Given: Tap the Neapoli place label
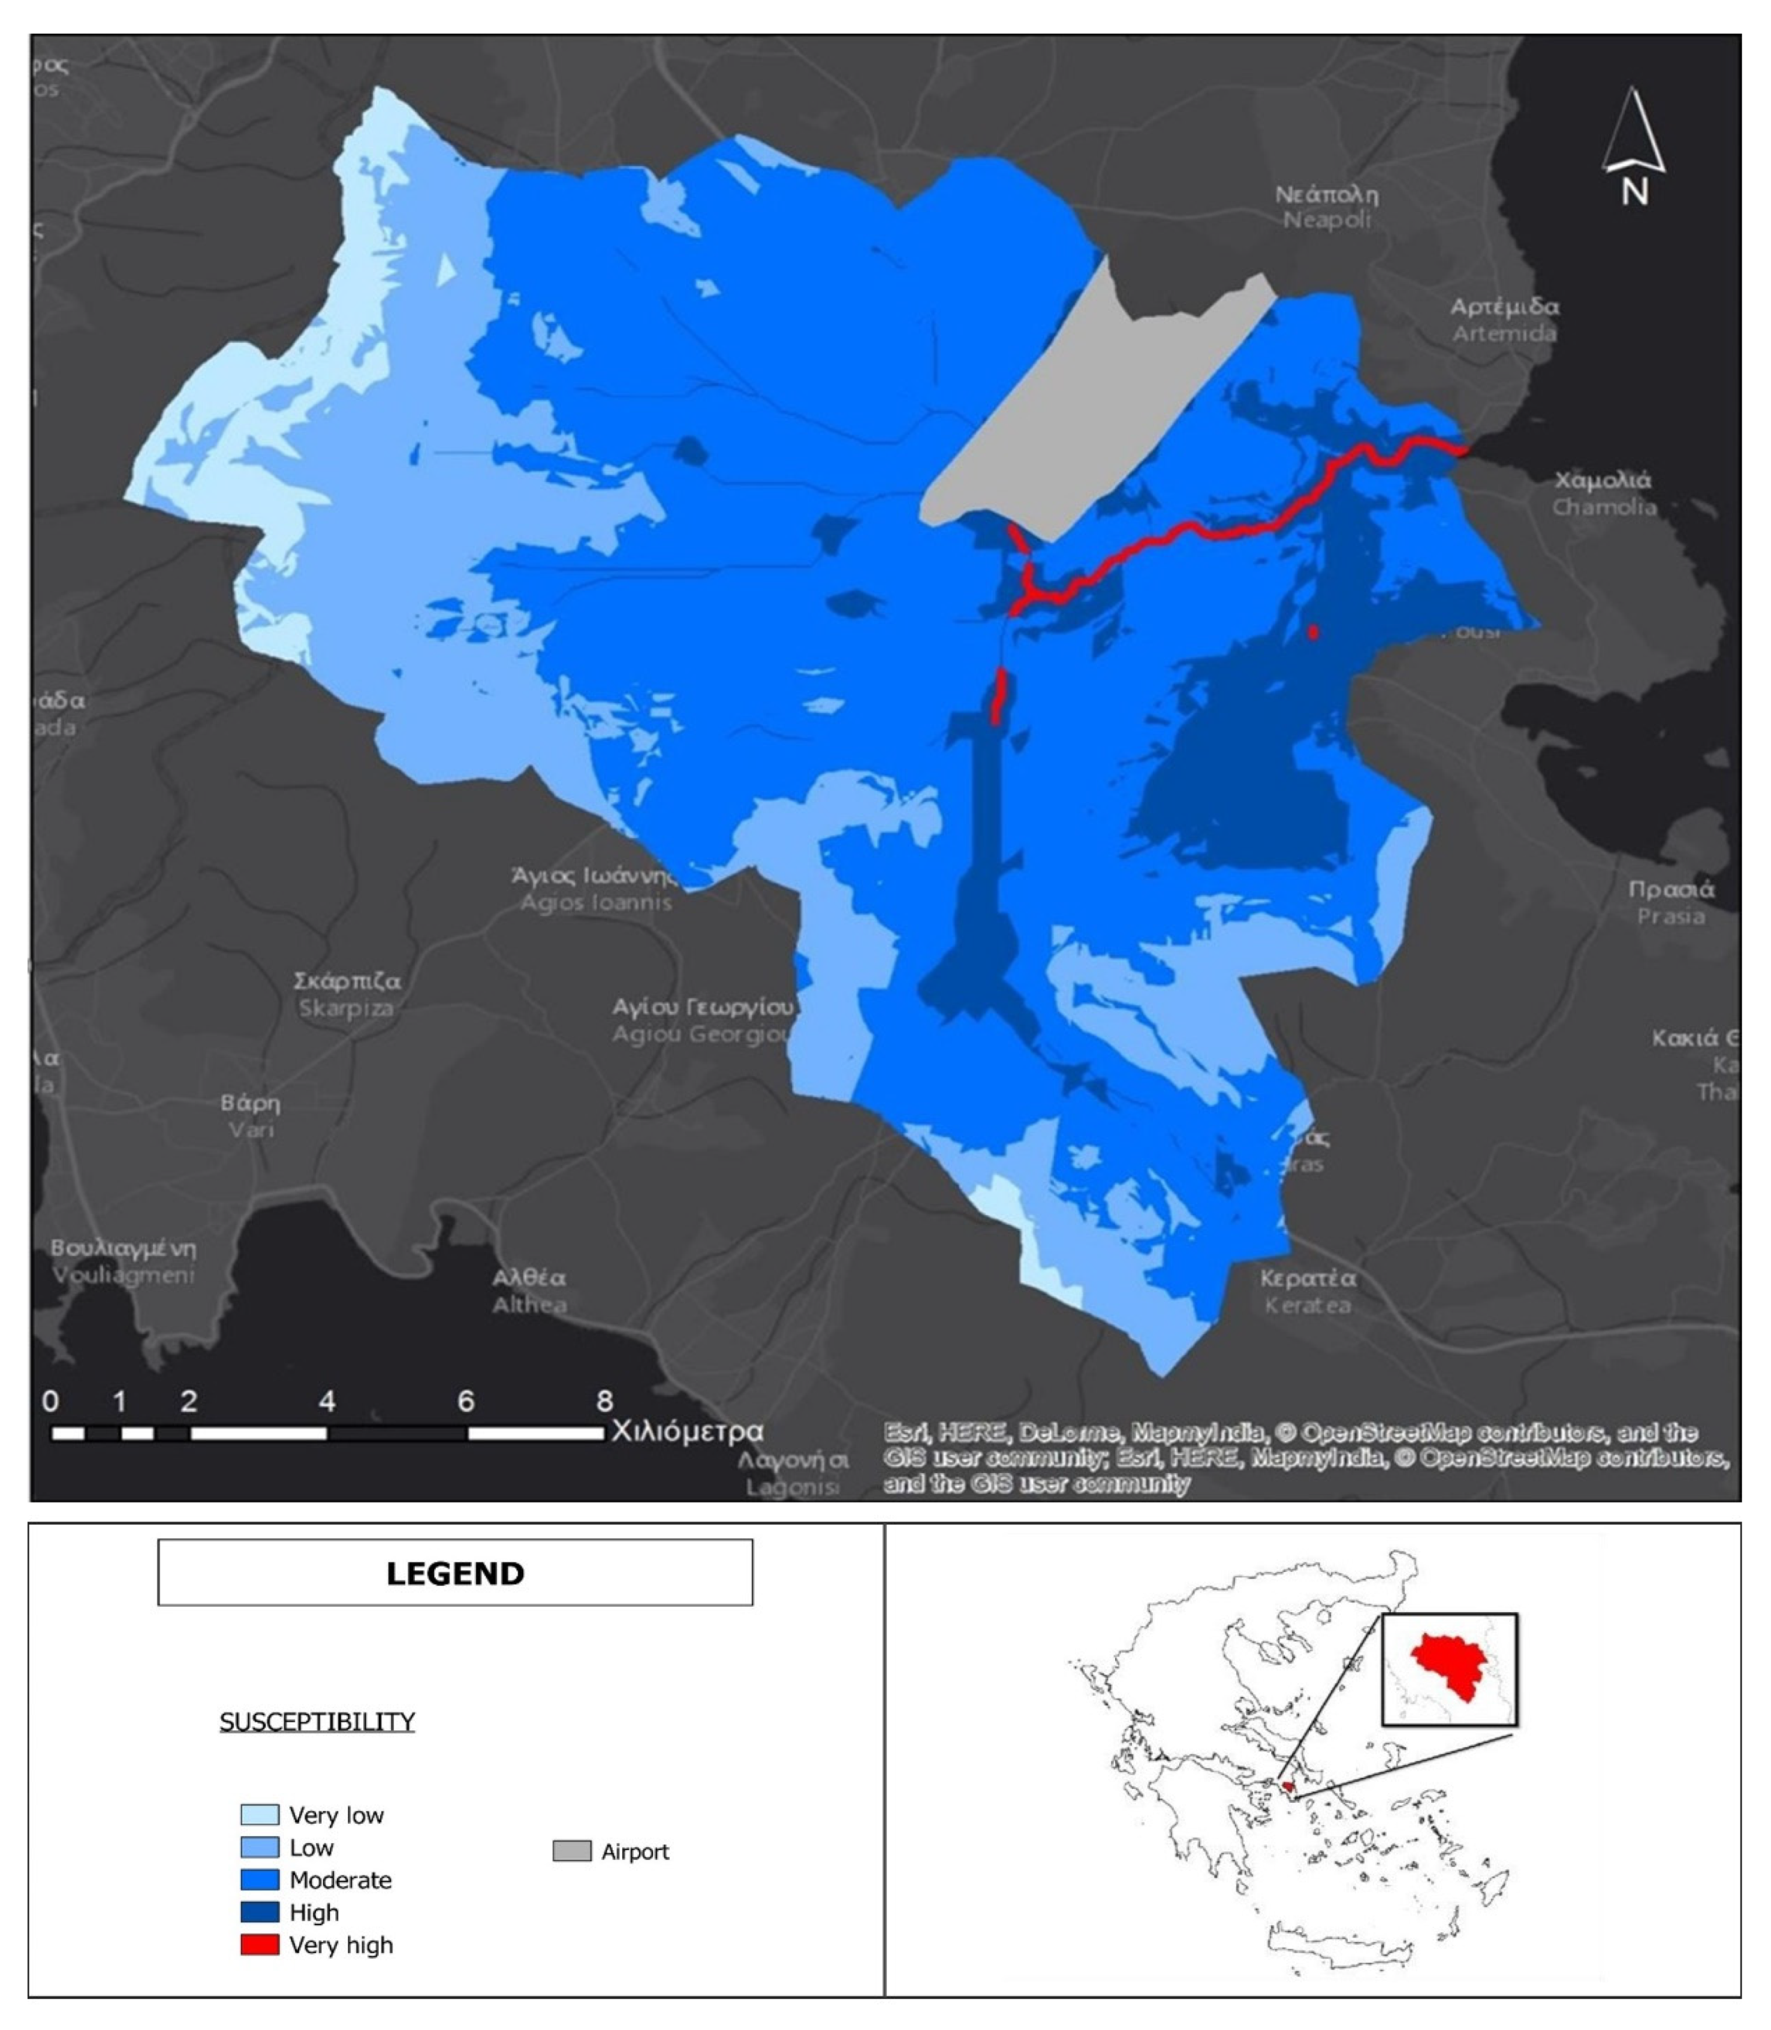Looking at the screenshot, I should click(x=1326, y=207).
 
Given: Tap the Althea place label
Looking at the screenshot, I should click(x=530, y=1291).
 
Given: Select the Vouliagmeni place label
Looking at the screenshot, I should click(x=124, y=1261).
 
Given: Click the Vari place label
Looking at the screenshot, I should click(x=251, y=1116).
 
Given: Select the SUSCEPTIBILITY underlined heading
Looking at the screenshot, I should click(x=317, y=1722).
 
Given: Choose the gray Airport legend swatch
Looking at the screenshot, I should click(x=571, y=1851).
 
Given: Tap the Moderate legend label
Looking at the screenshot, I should click(x=340, y=1880).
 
